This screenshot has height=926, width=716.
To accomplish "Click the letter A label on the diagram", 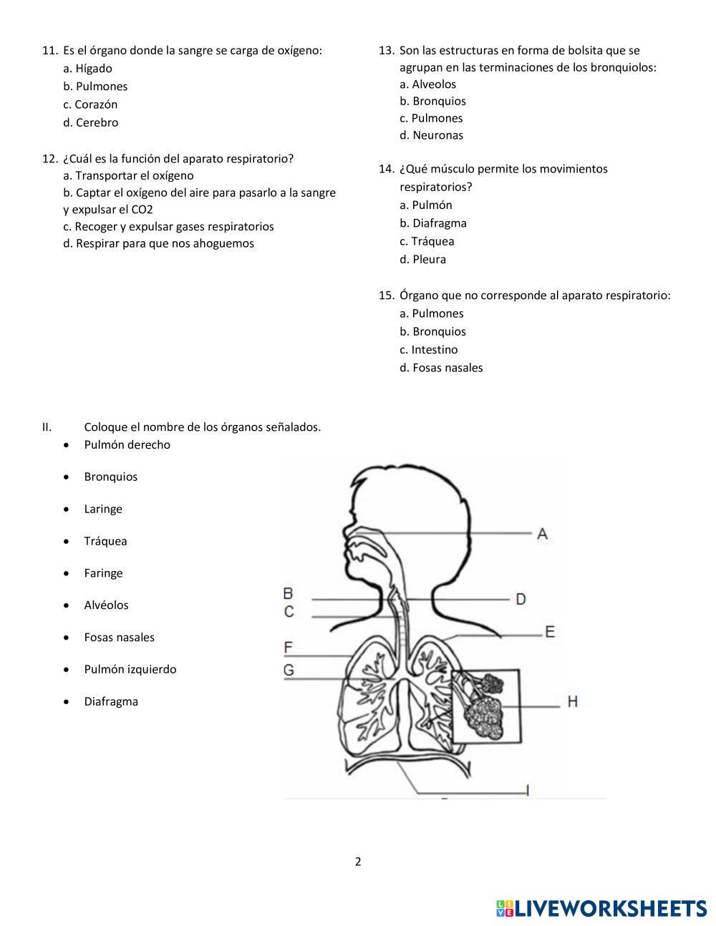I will tap(542, 533).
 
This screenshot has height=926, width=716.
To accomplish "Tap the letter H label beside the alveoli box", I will tap(572, 701).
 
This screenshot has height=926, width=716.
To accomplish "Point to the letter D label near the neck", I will tap(521, 598).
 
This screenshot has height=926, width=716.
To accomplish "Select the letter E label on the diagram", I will tap(550, 631).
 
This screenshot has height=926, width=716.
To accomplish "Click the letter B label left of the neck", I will tap(289, 593).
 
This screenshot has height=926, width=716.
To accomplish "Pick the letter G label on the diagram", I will tap(289, 670).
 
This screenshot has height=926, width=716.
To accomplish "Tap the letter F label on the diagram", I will tap(289, 648).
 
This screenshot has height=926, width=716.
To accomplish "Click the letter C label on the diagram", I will tap(289, 611).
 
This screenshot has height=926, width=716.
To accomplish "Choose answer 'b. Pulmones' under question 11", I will tap(95, 87).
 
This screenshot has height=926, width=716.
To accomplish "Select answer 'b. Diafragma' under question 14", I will tap(433, 223).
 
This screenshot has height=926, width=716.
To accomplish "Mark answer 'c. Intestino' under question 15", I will tap(429, 350).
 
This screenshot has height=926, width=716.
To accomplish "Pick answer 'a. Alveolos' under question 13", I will tap(427, 84).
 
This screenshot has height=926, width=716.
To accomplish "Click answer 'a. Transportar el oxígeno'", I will tap(128, 175).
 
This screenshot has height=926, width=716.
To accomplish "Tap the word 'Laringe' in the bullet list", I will tap(103, 509).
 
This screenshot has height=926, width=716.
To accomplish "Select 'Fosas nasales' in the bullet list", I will tap(119, 637).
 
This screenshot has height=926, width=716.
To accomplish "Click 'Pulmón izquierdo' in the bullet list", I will tap(130, 669).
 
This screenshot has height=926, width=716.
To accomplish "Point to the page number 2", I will tap(358, 862).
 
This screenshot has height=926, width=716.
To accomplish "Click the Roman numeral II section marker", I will tap(47, 427).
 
